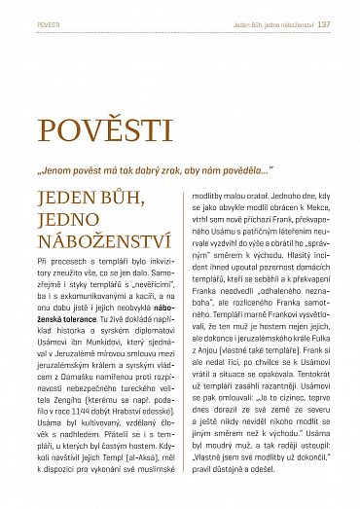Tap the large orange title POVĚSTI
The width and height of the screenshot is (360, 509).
click(x=105, y=128)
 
